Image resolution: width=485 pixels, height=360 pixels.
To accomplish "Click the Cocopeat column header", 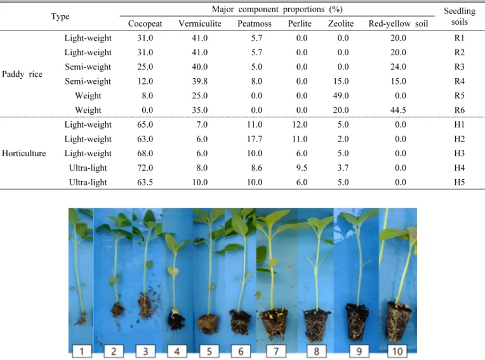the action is [x=145, y=23].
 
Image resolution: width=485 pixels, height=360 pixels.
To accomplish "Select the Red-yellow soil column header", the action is [x=398, y=23].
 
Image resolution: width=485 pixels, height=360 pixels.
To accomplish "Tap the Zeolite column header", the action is [x=340, y=23].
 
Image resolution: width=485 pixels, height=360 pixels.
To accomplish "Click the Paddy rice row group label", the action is [x=22, y=74].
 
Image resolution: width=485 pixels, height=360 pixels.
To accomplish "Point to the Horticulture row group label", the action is [x=24, y=153].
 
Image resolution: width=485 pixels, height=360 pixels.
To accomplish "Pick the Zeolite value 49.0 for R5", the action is [x=340, y=96].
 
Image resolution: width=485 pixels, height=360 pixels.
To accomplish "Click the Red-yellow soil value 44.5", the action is [x=398, y=110].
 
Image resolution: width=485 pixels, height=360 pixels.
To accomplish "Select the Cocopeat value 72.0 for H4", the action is [x=145, y=168].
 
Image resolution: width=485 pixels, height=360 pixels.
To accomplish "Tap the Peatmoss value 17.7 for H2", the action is [x=255, y=139].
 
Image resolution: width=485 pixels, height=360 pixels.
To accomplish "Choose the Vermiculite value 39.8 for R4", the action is [x=199, y=81].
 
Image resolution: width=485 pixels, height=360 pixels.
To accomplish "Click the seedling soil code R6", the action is [x=460, y=110].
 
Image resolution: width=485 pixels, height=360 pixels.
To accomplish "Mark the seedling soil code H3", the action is [x=460, y=154].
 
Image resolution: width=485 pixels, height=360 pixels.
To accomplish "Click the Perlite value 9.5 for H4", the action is [x=302, y=168].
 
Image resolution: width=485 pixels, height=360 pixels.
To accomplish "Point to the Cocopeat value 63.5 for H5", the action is [x=145, y=182].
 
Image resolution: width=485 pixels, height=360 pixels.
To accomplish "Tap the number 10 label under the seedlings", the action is [x=397, y=351].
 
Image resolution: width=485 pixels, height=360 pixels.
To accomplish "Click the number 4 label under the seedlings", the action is [x=177, y=351].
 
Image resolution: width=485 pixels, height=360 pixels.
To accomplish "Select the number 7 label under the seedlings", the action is [x=276, y=351].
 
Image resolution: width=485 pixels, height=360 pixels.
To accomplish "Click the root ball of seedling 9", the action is [x=357, y=322].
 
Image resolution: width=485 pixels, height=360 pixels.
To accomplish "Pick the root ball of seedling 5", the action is [x=208, y=324].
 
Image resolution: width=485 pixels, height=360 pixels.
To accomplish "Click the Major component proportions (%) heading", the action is [x=277, y=10].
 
